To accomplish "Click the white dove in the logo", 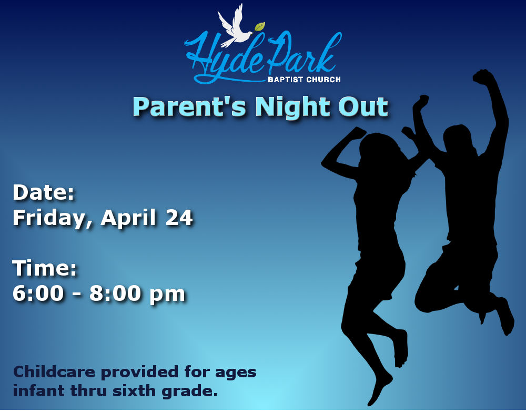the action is pyautogui.click(x=235, y=27).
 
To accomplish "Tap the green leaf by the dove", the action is pyautogui.click(x=260, y=26).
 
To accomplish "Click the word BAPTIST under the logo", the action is pyautogui.click(x=286, y=80).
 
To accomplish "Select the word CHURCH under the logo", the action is pyautogui.click(x=323, y=80).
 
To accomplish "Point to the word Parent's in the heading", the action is pyautogui.click(x=190, y=107).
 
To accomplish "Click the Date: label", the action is pyautogui.click(x=43, y=192).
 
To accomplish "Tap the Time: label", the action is pyautogui.click(x=45, y=268).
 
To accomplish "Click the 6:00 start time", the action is pyautogui.click(x=38, y=293).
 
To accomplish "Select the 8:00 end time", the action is pyautogui.click(x=115, y=293).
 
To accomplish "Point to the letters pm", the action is pyautogui.click(x=167, y=295).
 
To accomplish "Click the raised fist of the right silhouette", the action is pyautogui.click(x=483, y=76).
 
